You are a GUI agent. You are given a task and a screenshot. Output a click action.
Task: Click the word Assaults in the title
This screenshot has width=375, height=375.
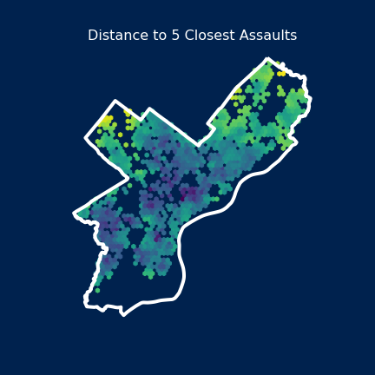click(x=264, y=36)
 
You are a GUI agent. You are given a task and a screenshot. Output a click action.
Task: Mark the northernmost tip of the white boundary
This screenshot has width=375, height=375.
click(x=267, y=59)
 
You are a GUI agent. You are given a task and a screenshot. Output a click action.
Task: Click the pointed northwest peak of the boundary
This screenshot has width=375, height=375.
click(x=115, y=102)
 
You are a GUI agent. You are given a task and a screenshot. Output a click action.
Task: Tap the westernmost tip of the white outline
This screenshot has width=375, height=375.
click(x=75, y=213)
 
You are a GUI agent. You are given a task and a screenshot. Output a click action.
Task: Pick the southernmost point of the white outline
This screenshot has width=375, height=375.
click(x=123, y=314)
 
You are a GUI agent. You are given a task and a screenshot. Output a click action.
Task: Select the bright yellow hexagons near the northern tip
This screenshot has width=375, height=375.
click(x=280, y=73)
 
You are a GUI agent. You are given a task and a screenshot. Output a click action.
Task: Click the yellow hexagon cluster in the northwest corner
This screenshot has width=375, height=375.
click(x=105, y=122)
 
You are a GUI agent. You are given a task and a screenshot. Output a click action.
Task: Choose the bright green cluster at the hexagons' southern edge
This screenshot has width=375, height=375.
click(x=149, y=273)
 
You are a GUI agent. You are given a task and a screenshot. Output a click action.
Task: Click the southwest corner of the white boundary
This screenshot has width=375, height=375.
click(x=86, y=303)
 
